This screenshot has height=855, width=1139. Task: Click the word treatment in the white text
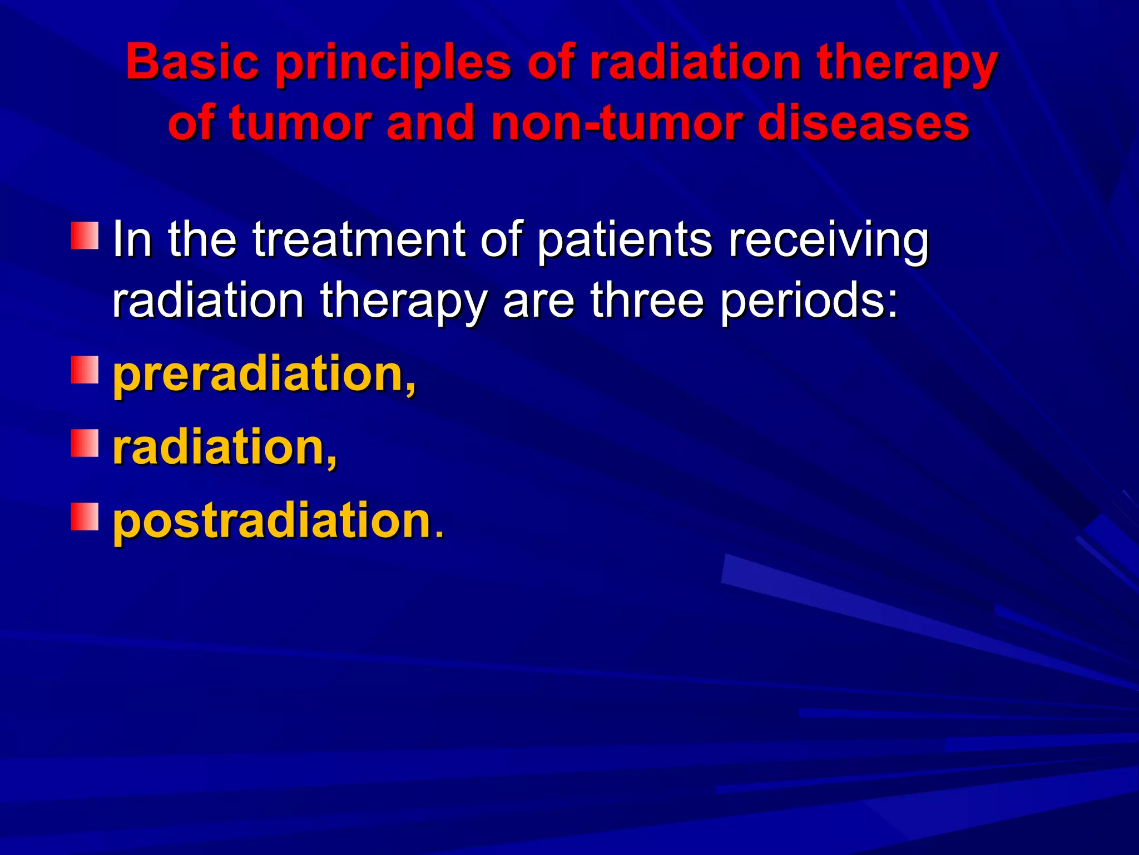(x=359, y=240)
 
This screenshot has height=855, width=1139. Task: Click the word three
(x=647, y=301)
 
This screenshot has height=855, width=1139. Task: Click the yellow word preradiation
(x=264, y=375)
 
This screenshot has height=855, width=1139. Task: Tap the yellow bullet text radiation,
(x=224, y=448)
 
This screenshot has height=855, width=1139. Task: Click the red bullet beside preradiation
(x=85, y=370)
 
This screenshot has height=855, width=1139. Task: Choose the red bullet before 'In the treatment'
(x=85, y=235)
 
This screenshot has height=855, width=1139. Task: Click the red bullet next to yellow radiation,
(x=85, y=443)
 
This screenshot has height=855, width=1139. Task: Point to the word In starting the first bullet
(x=132, y=240)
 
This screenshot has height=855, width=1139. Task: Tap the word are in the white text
(x=538, y=302)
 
